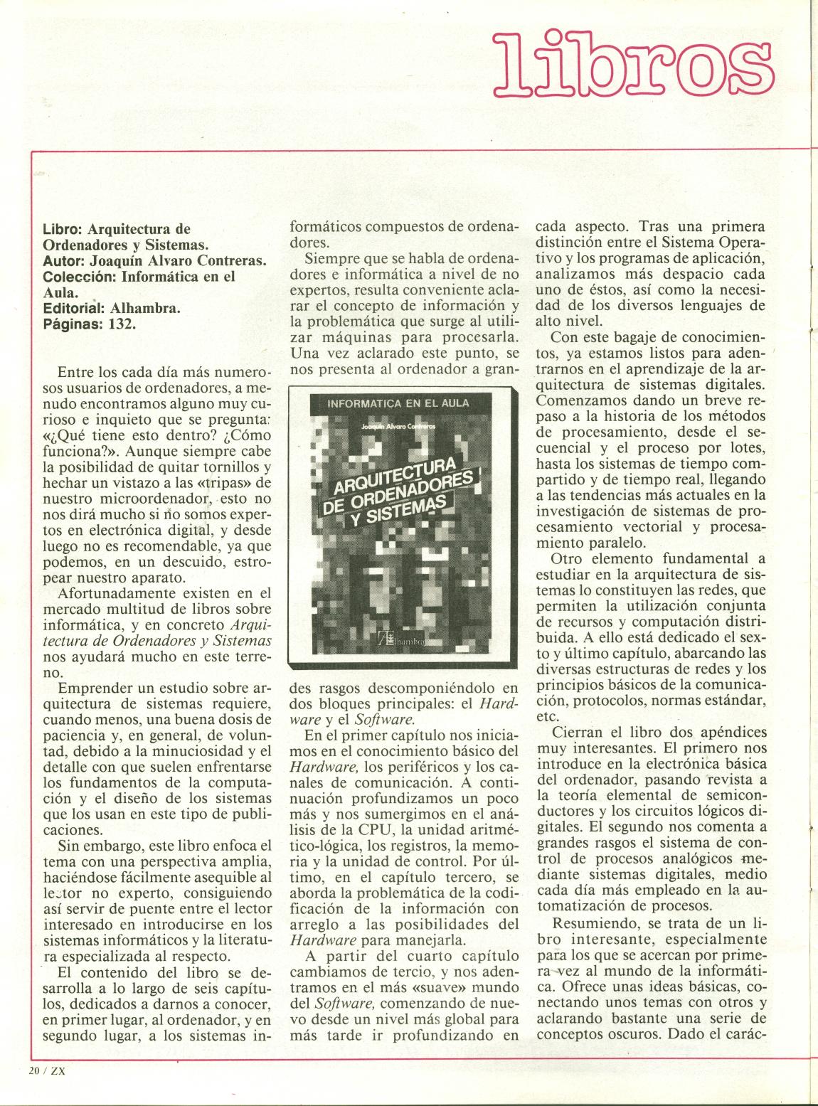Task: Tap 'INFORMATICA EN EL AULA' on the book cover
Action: [398, 403]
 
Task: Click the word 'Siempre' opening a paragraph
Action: [329, 259]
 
